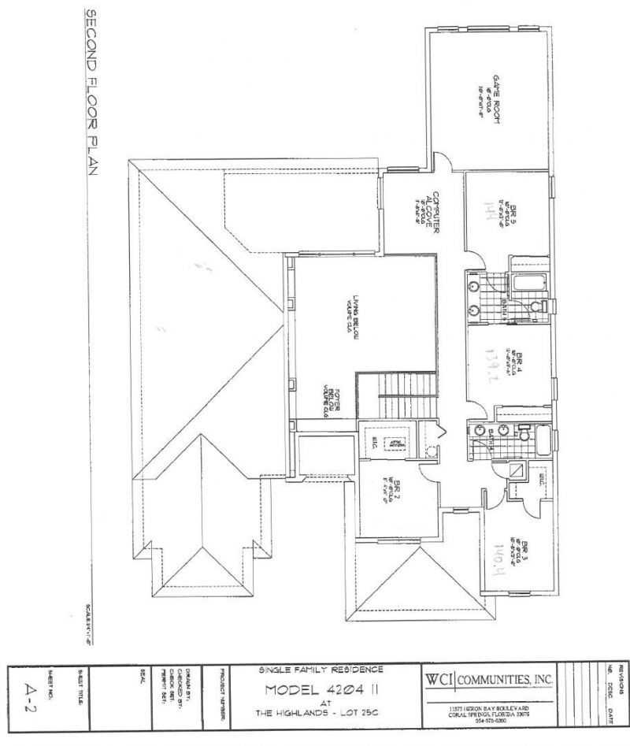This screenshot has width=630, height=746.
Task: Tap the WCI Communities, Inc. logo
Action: pyautogui.click(x=490, y=679)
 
